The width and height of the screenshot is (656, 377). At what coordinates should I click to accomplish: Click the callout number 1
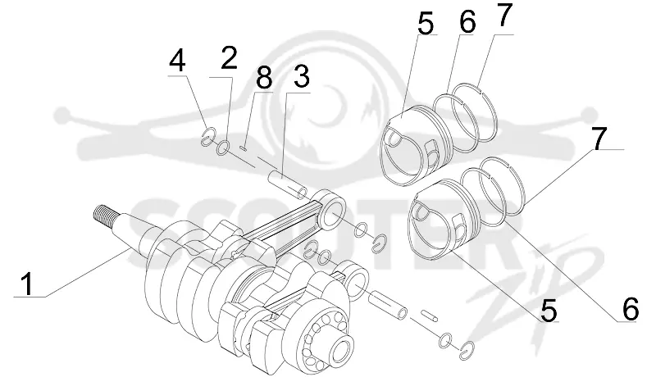28,284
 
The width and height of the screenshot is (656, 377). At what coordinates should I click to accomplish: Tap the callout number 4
177,61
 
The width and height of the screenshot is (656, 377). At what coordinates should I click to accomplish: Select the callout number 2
229,58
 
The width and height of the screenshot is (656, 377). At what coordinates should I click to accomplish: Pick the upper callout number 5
426,24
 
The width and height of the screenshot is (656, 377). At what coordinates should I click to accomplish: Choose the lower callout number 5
549,310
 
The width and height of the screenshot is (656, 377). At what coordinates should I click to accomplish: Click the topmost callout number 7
503,16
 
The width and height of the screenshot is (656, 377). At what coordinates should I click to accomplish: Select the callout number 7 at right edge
599,139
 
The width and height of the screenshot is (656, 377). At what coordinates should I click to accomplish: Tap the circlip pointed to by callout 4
207,136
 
